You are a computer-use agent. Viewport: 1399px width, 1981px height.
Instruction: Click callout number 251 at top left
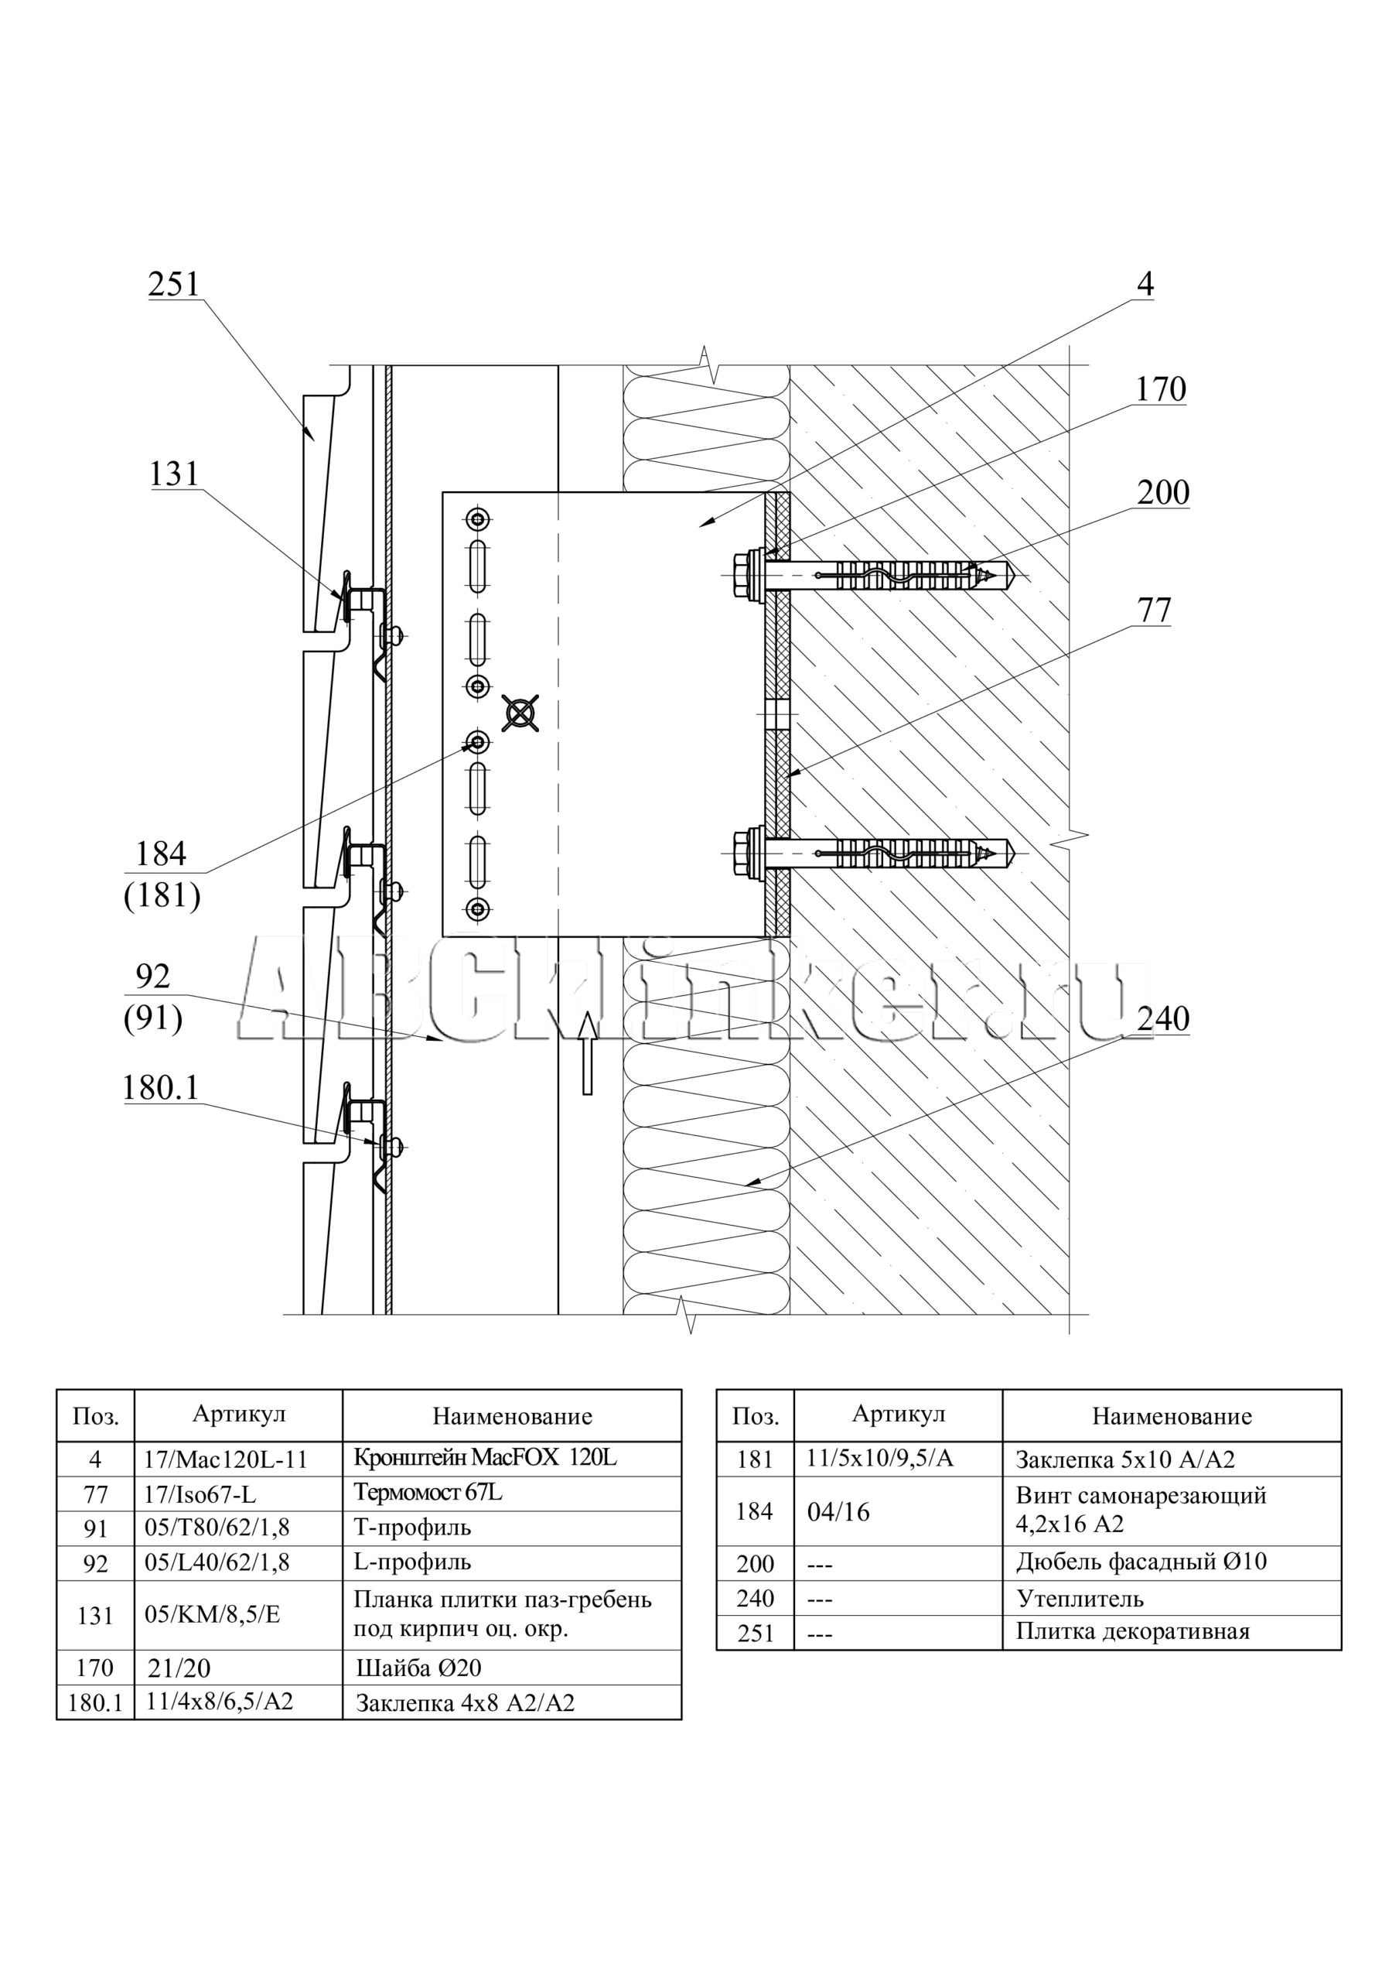click(173, 284)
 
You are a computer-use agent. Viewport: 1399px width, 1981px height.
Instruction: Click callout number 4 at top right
click(1145, 284)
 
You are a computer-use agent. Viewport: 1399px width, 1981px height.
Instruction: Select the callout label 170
click(1160, 390)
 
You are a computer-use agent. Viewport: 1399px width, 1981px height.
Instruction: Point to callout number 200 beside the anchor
click(1162, 493)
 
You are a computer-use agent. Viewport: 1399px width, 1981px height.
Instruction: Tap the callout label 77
click(1154, 610)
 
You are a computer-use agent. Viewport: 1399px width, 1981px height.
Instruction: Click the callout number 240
click(1162, 1019)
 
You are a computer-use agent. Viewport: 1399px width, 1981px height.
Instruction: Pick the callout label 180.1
click(160, 1088)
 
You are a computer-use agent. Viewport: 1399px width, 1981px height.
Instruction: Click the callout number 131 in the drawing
click(174, 474)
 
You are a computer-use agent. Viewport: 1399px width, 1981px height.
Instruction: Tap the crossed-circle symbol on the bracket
click(521, 713)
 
